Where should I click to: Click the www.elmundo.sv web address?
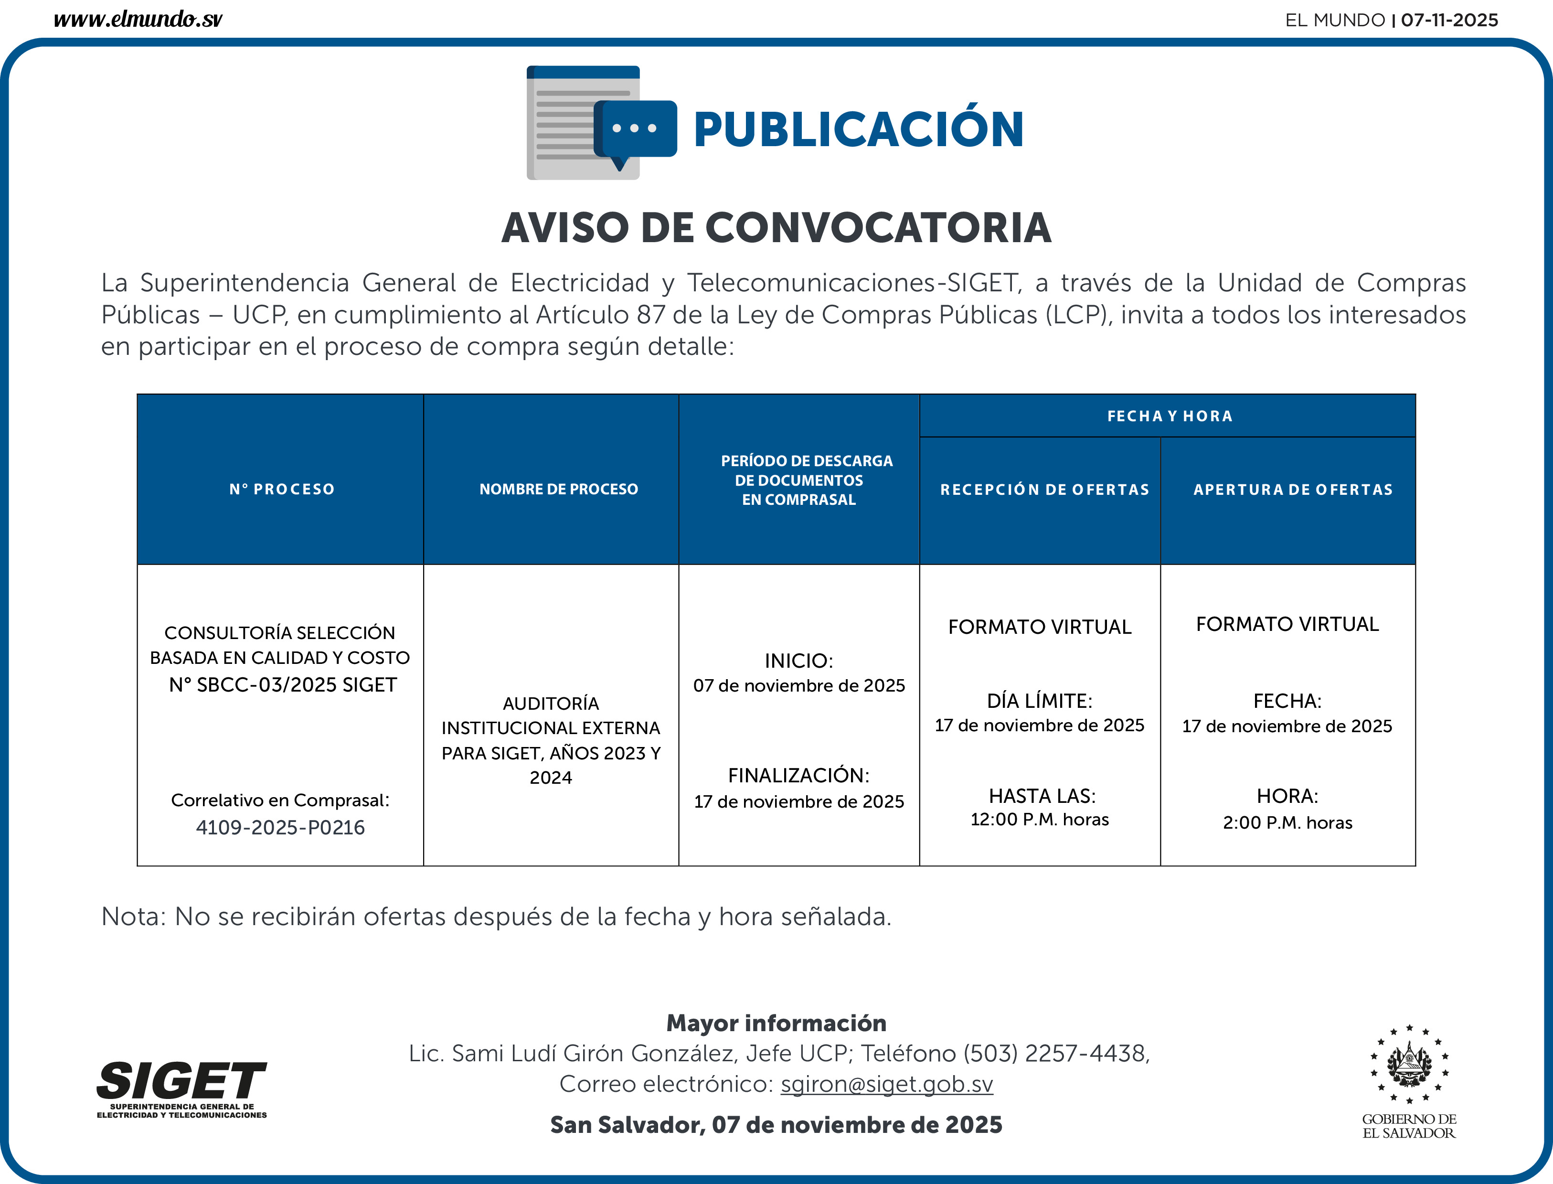coord(138,19)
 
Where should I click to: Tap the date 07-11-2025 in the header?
coord(1449,20)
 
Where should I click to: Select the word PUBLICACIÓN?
coord(858,130)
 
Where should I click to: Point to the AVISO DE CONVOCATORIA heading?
coord(776,228)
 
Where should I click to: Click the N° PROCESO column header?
coord(282,489)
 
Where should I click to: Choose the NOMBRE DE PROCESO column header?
coord(558,489)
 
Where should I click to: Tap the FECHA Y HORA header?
coord(1170,416)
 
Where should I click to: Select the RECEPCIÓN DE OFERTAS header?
coord(1044,489)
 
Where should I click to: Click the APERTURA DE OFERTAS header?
coord(1293,489)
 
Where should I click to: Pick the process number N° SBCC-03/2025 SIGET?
coord(283,684)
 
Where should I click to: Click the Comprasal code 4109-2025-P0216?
coord(280,827)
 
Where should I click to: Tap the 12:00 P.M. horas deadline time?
coord(1039,819)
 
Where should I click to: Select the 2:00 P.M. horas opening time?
coord(1287,822)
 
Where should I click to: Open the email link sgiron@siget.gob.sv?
coord(886,1083)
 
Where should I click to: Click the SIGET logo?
coord(182,1088)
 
